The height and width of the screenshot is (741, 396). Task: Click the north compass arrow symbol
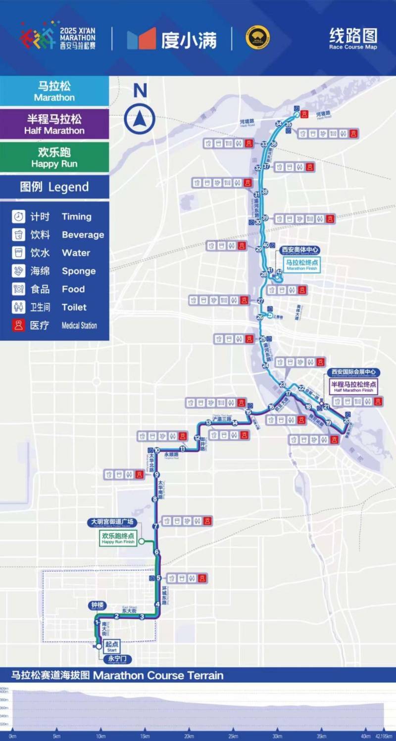140,119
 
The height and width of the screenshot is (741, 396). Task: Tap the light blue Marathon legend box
54,92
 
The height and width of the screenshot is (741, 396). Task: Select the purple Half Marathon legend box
54,124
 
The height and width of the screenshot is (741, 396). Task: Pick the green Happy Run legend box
54,158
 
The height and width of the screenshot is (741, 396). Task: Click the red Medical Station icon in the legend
19,325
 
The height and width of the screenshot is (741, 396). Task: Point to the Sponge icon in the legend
19,271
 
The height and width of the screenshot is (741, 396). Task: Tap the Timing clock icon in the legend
19,217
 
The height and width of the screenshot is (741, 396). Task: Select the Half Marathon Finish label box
352,387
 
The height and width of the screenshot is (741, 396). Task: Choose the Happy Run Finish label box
118,539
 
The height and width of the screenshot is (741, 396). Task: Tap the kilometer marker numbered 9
156,475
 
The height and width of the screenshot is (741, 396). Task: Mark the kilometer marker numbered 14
235,423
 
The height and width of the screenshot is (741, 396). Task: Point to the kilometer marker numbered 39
265,218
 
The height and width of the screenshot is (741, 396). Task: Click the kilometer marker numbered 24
266,366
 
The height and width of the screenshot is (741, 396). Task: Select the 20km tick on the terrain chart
189,736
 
